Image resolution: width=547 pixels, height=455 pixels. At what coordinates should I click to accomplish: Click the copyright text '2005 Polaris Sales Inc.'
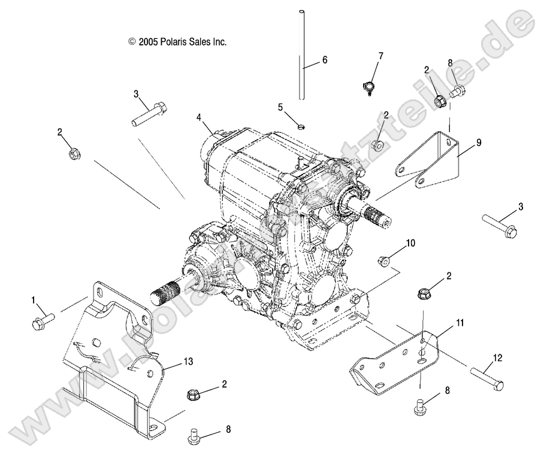pos(177,42)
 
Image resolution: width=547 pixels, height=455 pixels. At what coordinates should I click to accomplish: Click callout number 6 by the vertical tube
pos(324,60)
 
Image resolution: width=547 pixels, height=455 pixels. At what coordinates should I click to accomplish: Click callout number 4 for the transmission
pos(198,118)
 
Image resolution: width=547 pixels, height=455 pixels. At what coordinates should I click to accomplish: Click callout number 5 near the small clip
pos(280,107)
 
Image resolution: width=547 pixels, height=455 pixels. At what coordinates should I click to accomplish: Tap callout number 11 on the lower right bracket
pos(460,323)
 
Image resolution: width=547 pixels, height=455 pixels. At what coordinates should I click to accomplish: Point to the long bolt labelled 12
pos(486,378)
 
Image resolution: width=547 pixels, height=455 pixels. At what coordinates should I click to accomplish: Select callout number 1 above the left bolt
pos(34,299)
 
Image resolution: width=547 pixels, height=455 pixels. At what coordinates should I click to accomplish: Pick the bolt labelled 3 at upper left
pos(149,113)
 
